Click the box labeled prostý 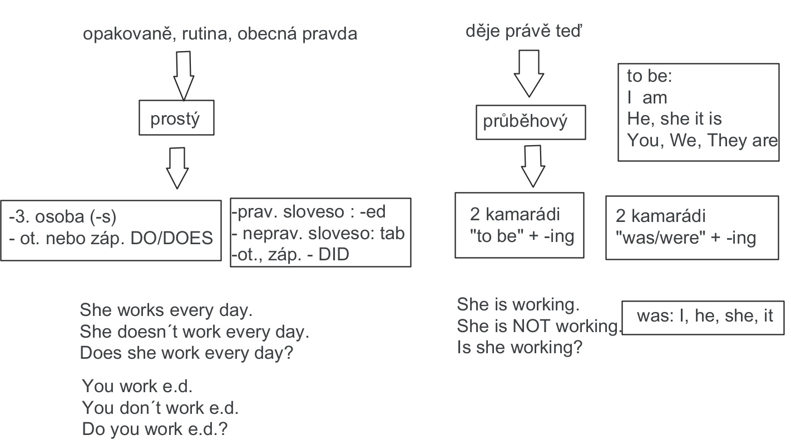pyautogui.click(x=176, y=117)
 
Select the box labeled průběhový pyautogui.click(x=531, y=122)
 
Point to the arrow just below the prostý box pyautogui.click(x=178, y=167)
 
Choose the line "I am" pyautogui.click(x=647, y=97)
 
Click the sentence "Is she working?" pyautogui.click(x=519, y=348)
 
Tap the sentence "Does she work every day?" pyautogui.click(x=186, y=353)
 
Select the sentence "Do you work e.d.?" pyautogui.click(x=155, y=429)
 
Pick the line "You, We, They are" pyautogui.click(x=702, y=140)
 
